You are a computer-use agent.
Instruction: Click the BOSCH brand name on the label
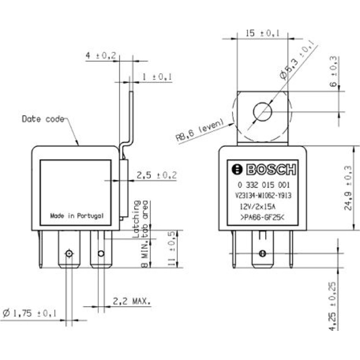[271, 170]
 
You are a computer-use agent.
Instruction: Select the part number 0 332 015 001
[264, 185]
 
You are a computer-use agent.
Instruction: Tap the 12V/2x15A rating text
[257, 207]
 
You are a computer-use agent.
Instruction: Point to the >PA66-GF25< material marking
[262, 217]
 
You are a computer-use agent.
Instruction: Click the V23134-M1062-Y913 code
[264, 195]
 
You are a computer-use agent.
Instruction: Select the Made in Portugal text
[77, 216]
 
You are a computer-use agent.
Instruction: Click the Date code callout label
[43, 119]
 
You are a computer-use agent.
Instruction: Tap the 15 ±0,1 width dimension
[262, 33]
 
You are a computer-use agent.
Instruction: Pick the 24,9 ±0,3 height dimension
[348, 188]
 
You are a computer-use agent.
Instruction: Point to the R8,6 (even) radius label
[199, 129]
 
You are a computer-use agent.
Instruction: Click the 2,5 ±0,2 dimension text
[157, 175]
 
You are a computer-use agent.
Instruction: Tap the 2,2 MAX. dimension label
[132, 301]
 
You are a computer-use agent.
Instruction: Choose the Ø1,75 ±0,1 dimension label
[30, 313]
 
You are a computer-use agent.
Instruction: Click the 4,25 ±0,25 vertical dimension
[332, 306]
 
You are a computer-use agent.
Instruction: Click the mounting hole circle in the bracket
[262, 112]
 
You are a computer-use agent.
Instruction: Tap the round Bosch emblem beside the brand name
[237, 170]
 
